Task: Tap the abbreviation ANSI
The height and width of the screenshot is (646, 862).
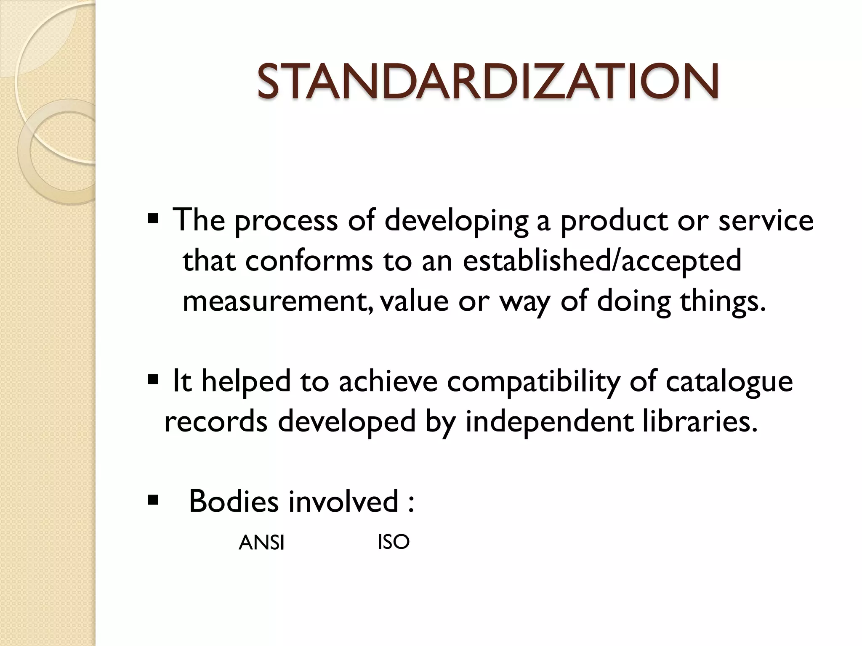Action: (261, 543)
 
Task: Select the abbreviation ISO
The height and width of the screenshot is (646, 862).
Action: (394, 542)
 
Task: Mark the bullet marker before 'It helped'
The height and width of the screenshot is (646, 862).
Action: (153, 380)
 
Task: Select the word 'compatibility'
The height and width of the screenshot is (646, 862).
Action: (533, 382)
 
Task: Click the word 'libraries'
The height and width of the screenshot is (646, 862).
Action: (696, 421)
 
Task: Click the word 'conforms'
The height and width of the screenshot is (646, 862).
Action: (309, 261)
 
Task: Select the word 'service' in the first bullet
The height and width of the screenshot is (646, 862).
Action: (766, 220)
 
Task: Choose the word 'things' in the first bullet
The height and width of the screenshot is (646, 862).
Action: (719, 302)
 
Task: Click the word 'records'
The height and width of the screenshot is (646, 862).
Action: (215, 421)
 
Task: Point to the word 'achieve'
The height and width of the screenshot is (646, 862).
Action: (388, 381)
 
